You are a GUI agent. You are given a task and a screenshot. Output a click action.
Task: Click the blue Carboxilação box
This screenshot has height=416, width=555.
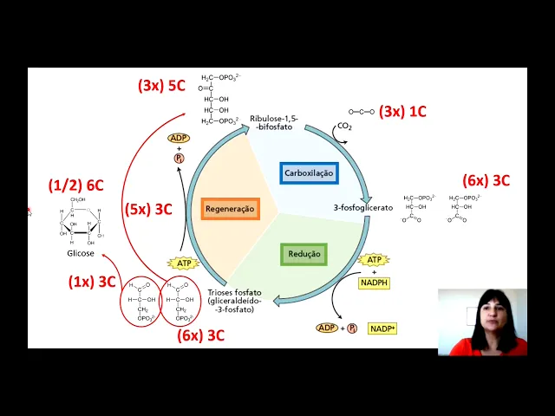click(309, 172)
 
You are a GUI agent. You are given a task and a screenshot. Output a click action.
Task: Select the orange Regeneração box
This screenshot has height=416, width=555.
click(230, 209)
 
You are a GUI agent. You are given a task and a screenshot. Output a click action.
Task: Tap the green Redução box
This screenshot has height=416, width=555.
click(304, 254)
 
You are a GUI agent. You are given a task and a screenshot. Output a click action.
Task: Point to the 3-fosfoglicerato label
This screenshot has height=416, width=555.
click(363, 208)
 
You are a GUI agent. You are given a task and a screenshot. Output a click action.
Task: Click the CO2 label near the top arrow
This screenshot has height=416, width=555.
click(345, 127)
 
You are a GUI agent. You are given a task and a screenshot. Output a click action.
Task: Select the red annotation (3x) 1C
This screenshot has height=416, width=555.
click(405, 112)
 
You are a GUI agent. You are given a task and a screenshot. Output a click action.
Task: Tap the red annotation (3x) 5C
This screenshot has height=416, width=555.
click(160, 86)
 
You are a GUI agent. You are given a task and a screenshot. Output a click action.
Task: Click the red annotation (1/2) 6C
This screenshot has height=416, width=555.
click(76, 185)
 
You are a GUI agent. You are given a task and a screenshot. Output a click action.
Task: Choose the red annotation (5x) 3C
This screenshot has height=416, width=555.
click(149, 209)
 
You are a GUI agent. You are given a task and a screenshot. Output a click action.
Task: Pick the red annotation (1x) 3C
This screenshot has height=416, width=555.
click(92, 282)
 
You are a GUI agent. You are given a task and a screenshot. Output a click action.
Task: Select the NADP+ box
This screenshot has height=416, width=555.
click(382, 328)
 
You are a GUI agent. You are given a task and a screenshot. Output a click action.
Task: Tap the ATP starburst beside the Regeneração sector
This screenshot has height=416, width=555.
click(183, 263)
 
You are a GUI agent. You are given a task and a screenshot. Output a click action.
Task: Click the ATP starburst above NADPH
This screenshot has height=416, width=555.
click(374, 260)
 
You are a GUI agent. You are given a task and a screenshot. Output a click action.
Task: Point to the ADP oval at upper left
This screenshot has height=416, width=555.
click(180, 139)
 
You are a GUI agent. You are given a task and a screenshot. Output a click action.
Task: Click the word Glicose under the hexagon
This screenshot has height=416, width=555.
click(81, 254)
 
